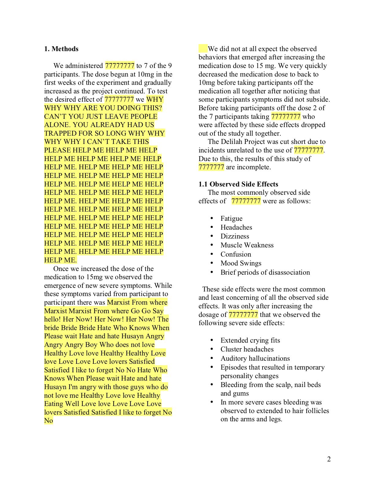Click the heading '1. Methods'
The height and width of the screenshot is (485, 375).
click(61, 49)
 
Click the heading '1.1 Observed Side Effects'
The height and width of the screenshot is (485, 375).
click(238, 184)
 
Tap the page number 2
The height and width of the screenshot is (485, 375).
click(329, 459)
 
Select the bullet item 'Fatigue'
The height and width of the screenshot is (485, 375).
click(231, 218)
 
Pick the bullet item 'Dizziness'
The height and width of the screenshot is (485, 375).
click(235, 236)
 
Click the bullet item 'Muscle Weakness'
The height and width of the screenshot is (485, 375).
click(247, 245)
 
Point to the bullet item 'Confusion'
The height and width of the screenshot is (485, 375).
click(236, 254)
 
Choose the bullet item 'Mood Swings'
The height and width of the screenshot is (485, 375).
click(241, 263)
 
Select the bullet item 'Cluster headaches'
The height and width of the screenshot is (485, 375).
click(247, 349)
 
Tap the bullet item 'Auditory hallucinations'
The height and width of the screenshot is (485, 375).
click(255, 358)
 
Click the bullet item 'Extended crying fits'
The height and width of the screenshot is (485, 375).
click(250, 340)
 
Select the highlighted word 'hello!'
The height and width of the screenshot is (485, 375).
click(52, 319)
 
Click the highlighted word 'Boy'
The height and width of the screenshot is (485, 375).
click(91, 344)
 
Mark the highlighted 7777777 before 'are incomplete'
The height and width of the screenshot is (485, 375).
click(211, 167)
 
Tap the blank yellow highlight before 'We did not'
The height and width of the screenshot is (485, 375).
click(203, 49)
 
